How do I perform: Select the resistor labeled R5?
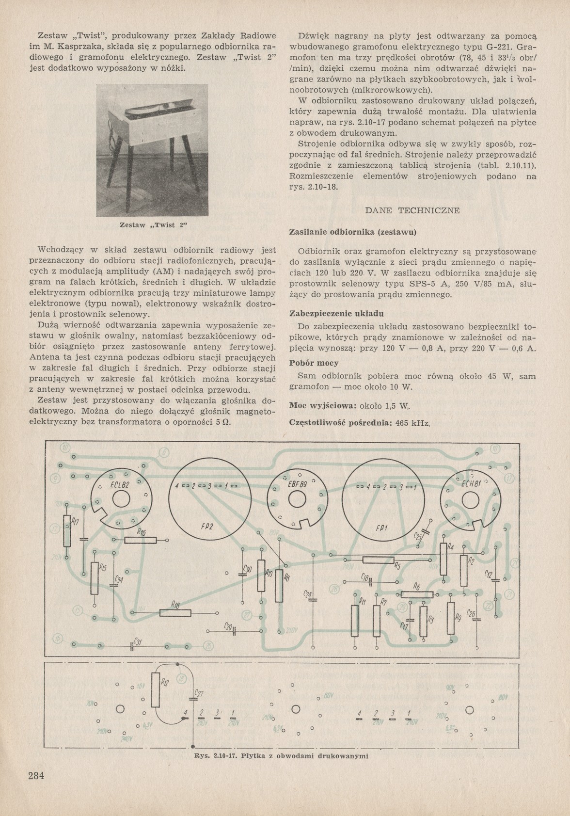[x=379, y=560]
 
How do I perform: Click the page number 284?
[x=36, y=775]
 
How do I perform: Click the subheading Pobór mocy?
[x=314, y=363]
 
